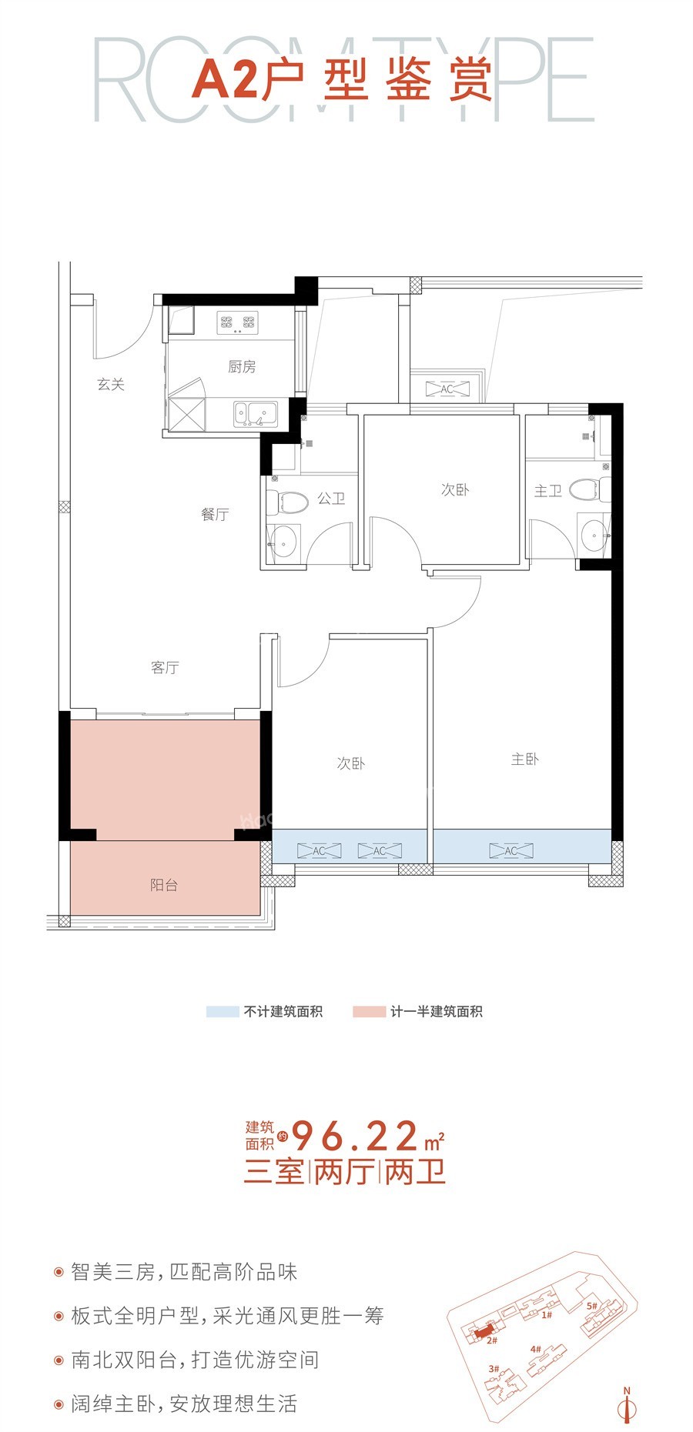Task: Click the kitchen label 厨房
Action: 242,367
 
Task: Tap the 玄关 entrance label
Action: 111,384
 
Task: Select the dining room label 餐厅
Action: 215,515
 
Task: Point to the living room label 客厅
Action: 165,667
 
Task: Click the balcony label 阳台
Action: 164,885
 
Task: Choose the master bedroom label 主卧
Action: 525,759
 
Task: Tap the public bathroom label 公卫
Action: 331,499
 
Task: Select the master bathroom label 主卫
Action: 548,491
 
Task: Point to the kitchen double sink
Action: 255,413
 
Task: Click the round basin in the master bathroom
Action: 594,535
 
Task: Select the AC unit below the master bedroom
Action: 511,850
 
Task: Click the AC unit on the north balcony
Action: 447,389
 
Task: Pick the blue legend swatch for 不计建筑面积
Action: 223,1012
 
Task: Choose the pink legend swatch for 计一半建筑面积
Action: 369,1012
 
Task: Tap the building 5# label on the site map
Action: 592,1305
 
